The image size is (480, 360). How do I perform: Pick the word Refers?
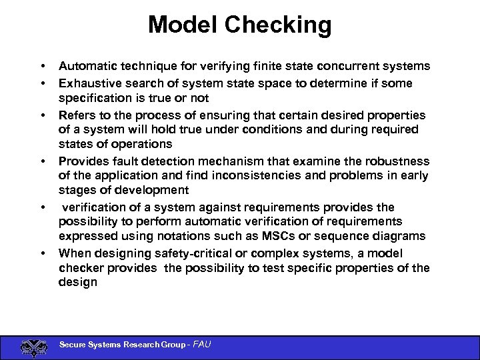(x=76, y=115)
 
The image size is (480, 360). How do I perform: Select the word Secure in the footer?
(x=74, y=345)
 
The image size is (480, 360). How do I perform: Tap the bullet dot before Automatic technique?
(x=42, y=67)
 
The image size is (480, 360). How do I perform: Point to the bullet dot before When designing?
(x=42, y=254)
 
